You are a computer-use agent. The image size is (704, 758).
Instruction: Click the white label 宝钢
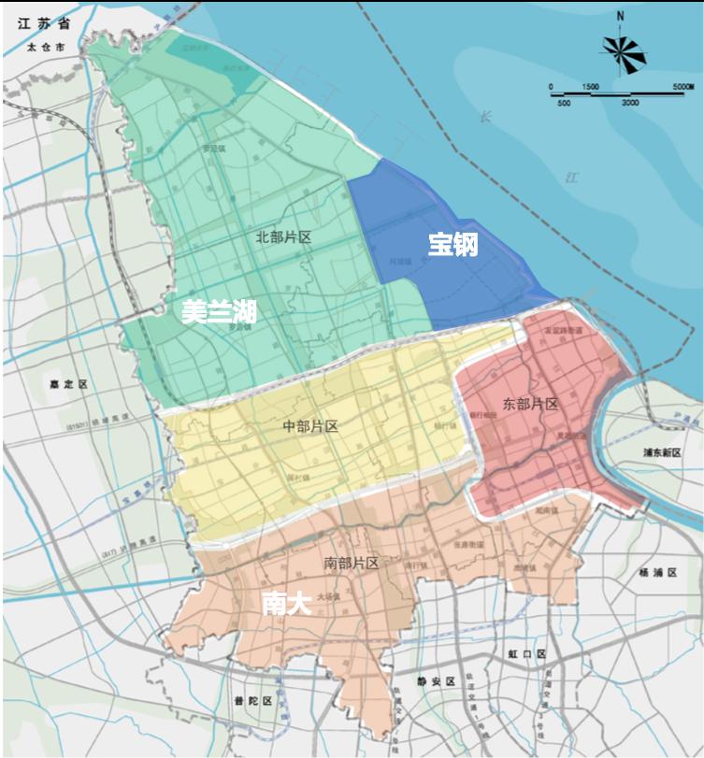click(453, 245)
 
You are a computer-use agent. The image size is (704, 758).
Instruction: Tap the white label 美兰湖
click(219, 312)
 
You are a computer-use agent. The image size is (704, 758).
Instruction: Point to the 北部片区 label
click(282, 237)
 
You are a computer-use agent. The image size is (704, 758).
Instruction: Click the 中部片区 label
click(309, 426)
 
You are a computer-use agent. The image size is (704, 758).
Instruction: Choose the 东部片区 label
click(530, 404)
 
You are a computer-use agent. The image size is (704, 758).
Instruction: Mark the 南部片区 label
click(351, 563)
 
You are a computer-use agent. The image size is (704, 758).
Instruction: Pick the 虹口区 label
click(529, 653)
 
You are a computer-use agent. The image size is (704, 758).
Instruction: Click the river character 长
click(484, 118)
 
